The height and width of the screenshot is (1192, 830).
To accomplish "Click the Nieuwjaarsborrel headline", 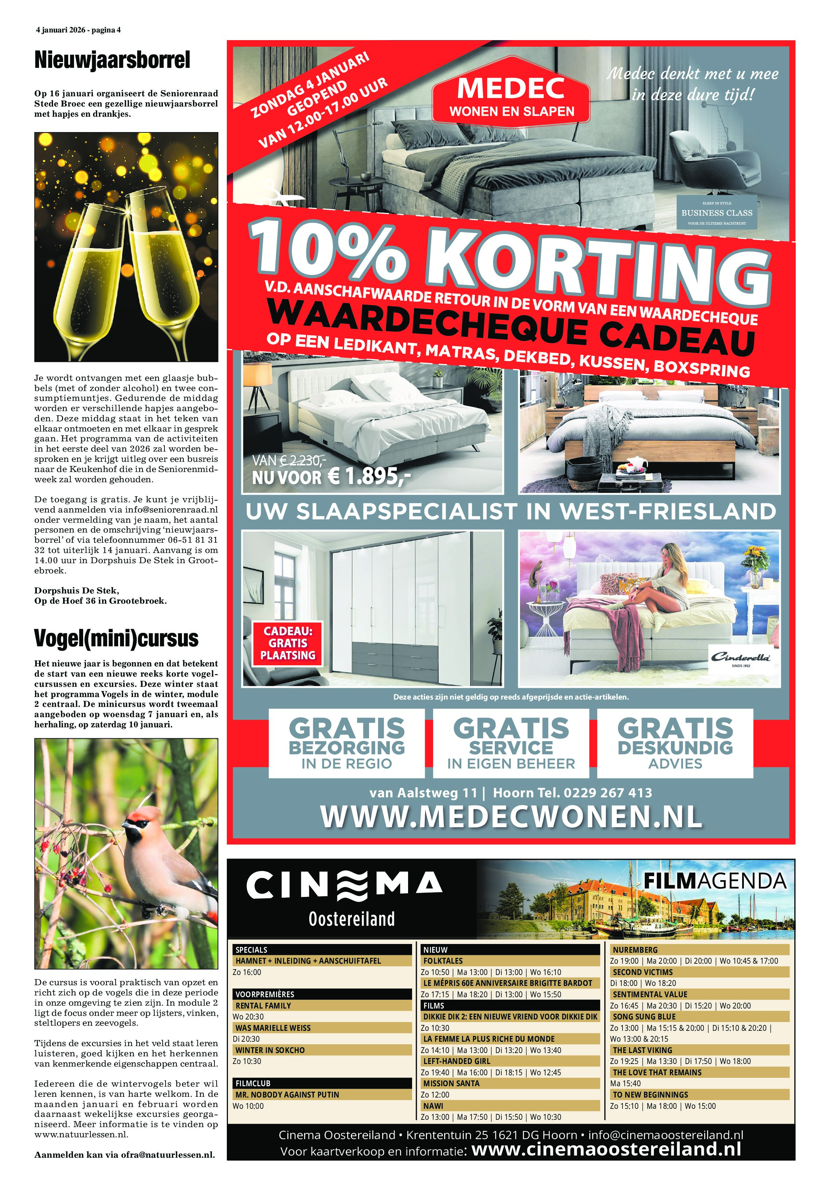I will pos(112,60).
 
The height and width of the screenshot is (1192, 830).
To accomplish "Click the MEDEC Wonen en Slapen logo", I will pos(511,98).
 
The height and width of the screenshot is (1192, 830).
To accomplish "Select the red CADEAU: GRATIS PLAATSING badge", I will pos(288,643).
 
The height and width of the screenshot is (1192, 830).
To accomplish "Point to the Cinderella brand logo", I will pos(741,658).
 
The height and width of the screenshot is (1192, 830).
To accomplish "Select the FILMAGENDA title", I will pos(715,881).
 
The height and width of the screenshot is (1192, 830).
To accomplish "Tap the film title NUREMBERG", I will pos(635,949).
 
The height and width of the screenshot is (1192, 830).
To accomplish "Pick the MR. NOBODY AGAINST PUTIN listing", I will pos(287,1094).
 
